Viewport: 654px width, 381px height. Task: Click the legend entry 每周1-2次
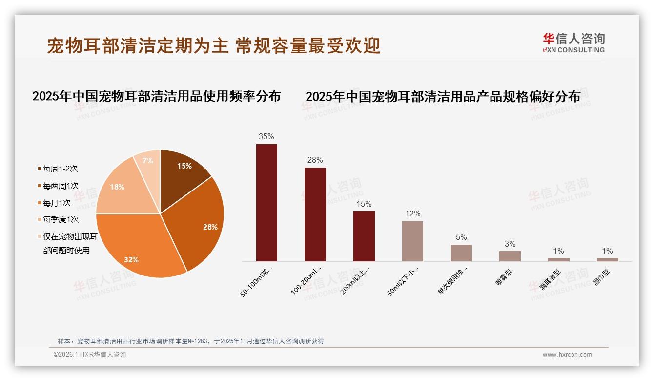click(60, 169)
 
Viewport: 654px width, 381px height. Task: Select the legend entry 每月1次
click(57, 203)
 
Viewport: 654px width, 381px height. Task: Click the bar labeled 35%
click(266, 203)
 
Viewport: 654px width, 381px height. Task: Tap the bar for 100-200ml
click(315, 214)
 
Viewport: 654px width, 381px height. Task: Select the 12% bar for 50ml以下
click(412, 241)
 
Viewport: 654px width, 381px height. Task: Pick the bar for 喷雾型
click(510, 256)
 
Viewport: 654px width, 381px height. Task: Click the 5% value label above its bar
click(461, 237)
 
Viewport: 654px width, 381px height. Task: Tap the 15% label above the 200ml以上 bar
click(364, 204)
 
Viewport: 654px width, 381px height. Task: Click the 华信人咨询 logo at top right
click(573, 42)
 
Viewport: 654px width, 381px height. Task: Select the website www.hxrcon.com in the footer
click(567, 355)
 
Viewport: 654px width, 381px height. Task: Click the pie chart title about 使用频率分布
click(156, 96)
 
